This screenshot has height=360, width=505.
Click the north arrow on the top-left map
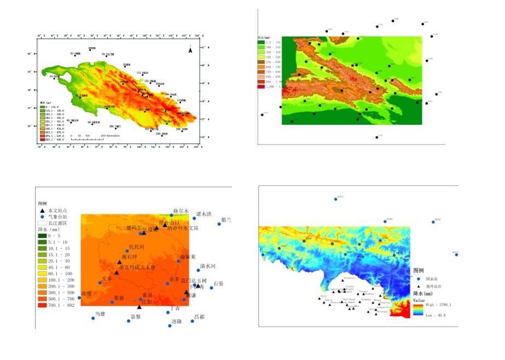click(190, 50)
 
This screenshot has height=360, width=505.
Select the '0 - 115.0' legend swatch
click(42, 106)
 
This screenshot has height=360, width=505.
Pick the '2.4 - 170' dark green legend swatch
click(261, 42)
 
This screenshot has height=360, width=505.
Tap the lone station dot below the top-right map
click(377, 137)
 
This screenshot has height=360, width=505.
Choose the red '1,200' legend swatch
click(261, 86)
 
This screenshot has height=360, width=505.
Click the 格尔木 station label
click(181, 211)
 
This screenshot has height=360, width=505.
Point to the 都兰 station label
click(226, 220)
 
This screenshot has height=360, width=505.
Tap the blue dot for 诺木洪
click(194, 218)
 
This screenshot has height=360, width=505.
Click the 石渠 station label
click(218, 283)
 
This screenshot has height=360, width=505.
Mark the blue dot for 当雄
click(93, 318)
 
